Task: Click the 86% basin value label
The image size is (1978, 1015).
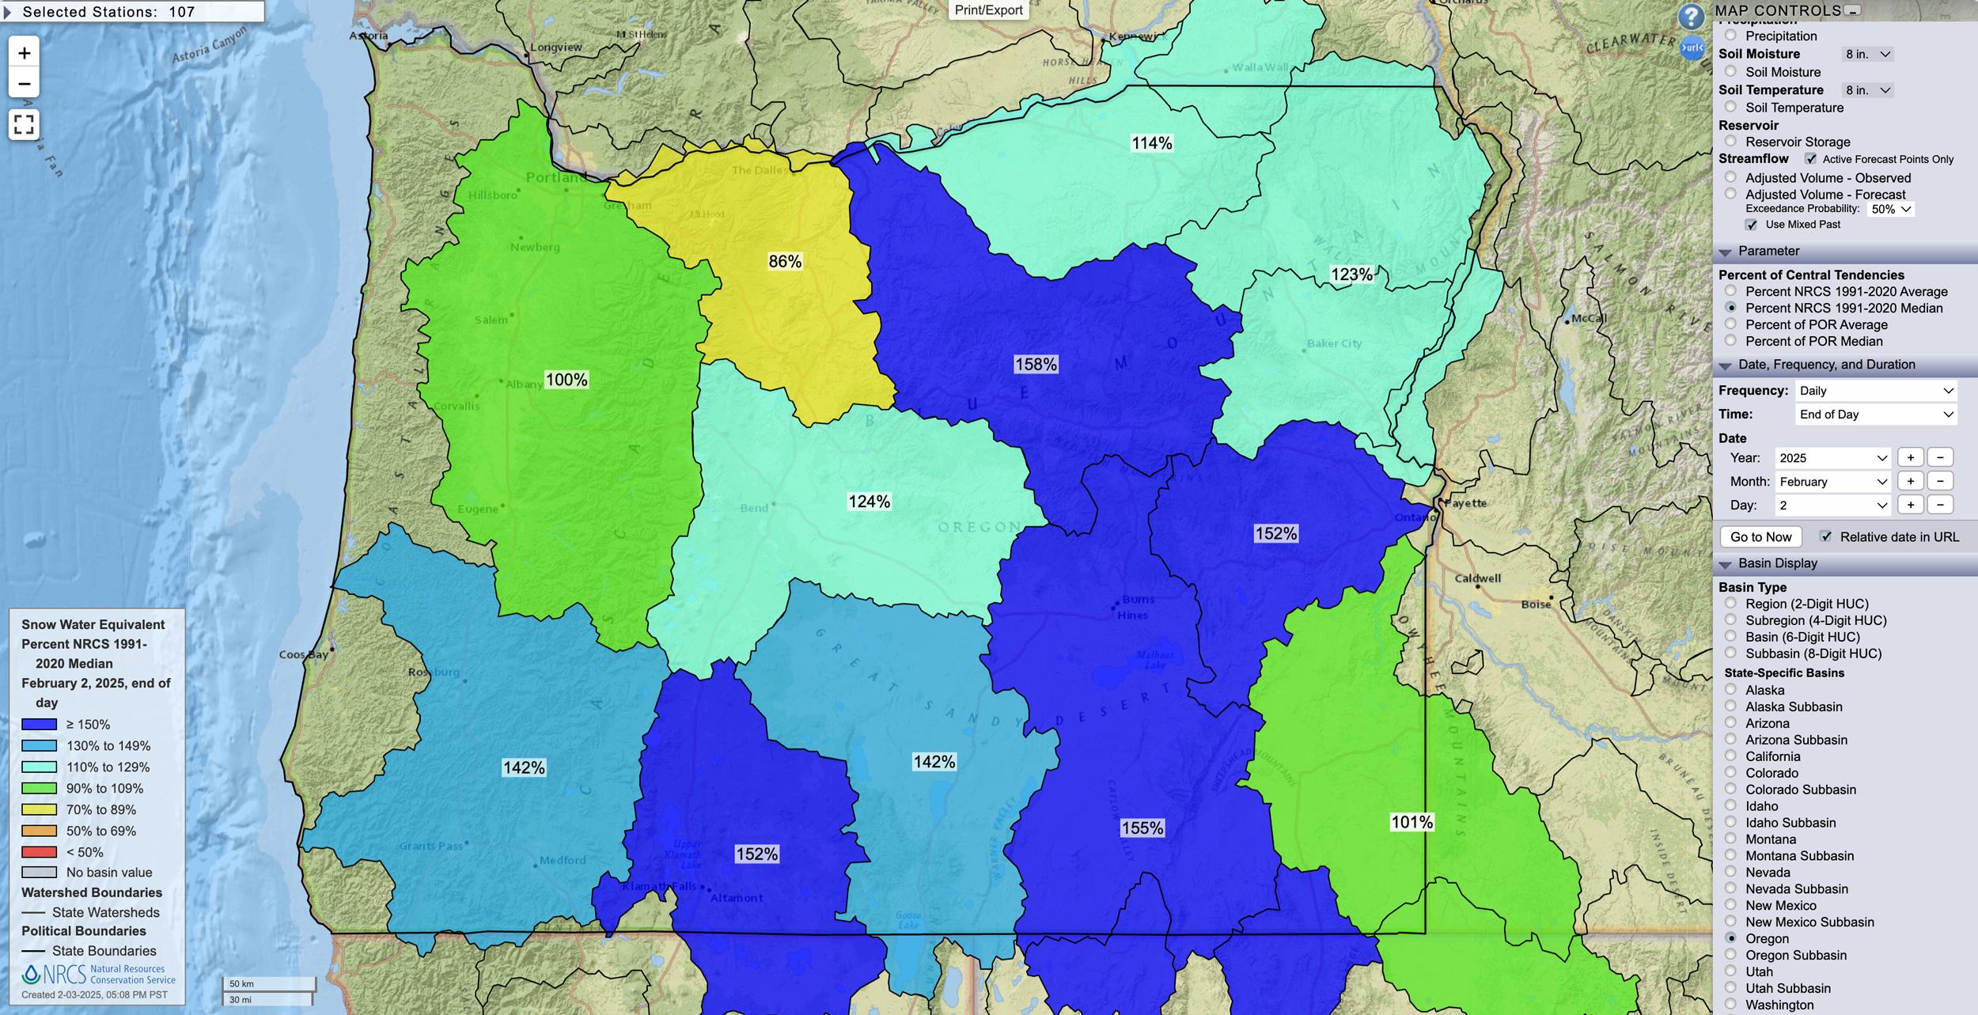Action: (x=785, y=262)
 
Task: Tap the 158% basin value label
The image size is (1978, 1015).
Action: (x=1036, y=365)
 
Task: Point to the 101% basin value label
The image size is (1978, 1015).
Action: (x=1412, y=823)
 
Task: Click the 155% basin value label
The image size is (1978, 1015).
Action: (x=1142, y=828)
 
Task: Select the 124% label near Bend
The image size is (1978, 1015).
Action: (x=869, y=502)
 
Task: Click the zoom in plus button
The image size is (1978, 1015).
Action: (x=25, y=53)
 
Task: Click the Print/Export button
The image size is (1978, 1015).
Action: (x=988, y=10)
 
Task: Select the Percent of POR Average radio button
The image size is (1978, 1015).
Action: (x=1730, y=324)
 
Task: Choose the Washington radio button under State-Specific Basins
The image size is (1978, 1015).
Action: (x=1730, y=1005)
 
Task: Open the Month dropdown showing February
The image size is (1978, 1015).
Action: (x=1832, y=482)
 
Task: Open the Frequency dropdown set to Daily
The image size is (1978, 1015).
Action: (x=1876, y=391)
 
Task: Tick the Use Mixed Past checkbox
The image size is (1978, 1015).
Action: (x=1751, y=225)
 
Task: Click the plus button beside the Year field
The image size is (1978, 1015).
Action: (x=1910, y=458)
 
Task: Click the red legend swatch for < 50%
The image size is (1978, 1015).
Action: (x=39, y=852)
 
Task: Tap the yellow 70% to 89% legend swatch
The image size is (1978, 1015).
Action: (x=39, y=809)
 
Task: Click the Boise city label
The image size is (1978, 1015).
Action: (x=1536, y=604)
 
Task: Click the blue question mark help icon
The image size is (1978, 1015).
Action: (x=1691, y=17)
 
